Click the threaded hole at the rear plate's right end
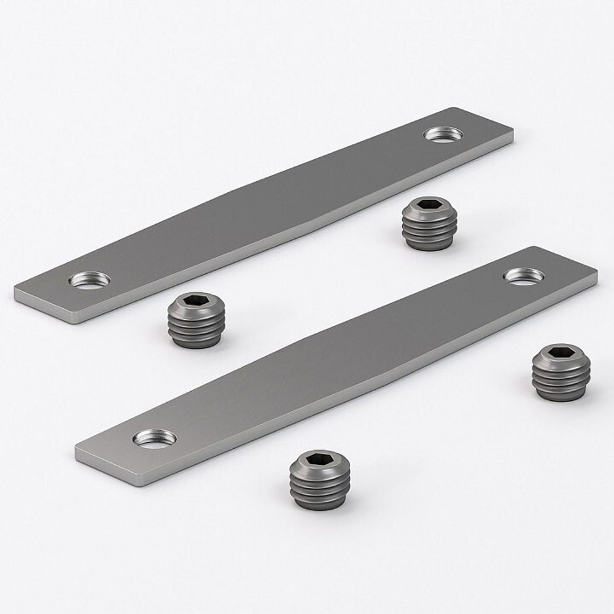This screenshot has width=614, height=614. (443, 134)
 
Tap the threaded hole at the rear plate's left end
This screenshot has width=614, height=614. (90, 280)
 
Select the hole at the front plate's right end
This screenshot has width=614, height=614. (524, 276)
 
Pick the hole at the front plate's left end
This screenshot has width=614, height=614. (155, 438)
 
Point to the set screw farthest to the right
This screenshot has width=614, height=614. (561, 372)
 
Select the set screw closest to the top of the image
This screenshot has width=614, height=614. (430, 223)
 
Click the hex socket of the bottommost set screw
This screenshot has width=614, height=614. (319, 460)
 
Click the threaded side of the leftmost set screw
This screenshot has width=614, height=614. (196, 332)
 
